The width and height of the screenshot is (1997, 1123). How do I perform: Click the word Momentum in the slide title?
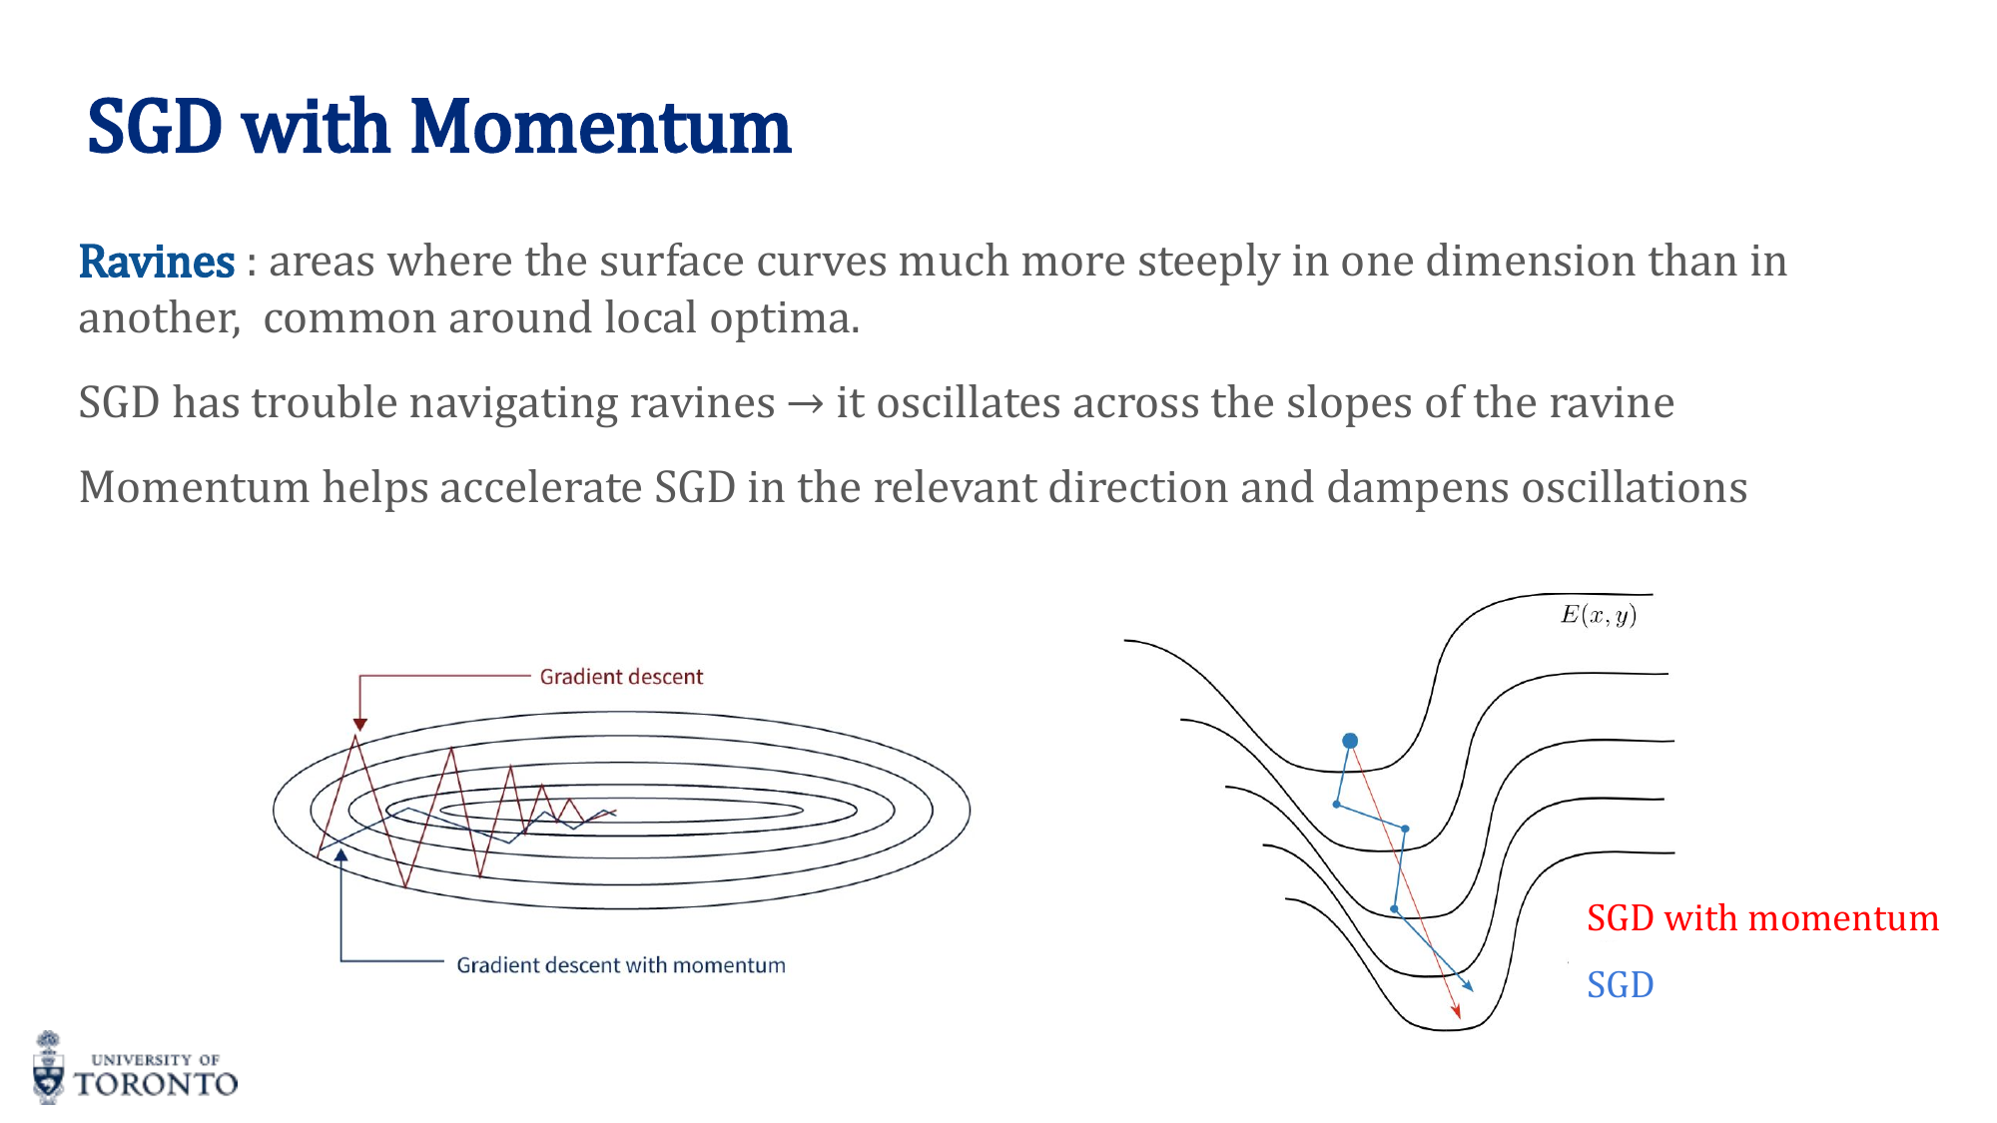(600, 128)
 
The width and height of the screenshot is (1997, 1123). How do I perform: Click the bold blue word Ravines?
(157, 263)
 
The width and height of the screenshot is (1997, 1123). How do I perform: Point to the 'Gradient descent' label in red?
(621, 677)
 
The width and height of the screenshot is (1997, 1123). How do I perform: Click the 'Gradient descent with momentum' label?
(620, 965)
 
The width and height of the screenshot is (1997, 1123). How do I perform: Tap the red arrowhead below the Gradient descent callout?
(360, 724)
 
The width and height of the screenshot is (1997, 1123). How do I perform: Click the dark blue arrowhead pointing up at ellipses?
(341, 854)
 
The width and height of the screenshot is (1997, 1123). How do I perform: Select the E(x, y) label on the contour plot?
(1598, 615)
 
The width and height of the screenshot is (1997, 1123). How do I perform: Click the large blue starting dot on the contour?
(1350, 741)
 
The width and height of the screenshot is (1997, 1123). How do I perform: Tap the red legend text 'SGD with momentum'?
(1762, 918)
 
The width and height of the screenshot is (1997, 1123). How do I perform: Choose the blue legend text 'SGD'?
(1620, 985)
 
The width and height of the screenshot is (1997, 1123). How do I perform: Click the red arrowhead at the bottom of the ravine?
(1457, 1012)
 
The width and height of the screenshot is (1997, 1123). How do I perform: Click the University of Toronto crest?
(48, 1068)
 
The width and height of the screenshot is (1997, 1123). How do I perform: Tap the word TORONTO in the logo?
(156, 1084)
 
